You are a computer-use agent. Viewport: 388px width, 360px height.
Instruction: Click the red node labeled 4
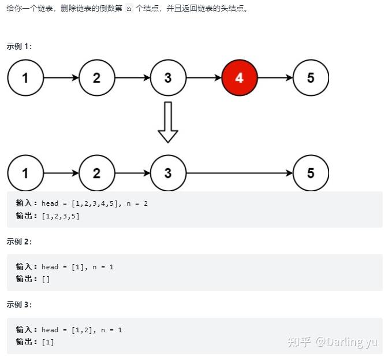(240, 77)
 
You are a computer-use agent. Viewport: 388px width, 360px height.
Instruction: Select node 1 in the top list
(25, 77)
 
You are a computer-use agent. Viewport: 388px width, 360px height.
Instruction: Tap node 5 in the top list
(311, 77)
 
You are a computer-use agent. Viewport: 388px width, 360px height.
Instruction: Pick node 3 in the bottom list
(168, 173)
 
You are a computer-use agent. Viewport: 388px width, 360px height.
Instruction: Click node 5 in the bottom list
(311, 173)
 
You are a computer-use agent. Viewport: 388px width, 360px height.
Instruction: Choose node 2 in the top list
(96, 77)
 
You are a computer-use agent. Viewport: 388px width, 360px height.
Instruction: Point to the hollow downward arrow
(168, 122)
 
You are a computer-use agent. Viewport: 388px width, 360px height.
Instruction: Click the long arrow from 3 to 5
(240, 173)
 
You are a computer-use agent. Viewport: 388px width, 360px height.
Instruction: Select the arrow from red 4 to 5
(275, 77)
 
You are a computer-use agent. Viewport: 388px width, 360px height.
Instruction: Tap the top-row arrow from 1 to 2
(61, 77)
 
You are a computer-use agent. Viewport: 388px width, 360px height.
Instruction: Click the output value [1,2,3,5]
(60, 216)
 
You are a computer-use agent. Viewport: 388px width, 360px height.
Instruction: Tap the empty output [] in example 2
(46, 279)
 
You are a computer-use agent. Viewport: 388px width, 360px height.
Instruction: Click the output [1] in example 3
(48, 342)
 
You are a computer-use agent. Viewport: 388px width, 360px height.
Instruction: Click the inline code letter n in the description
(129, 10)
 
